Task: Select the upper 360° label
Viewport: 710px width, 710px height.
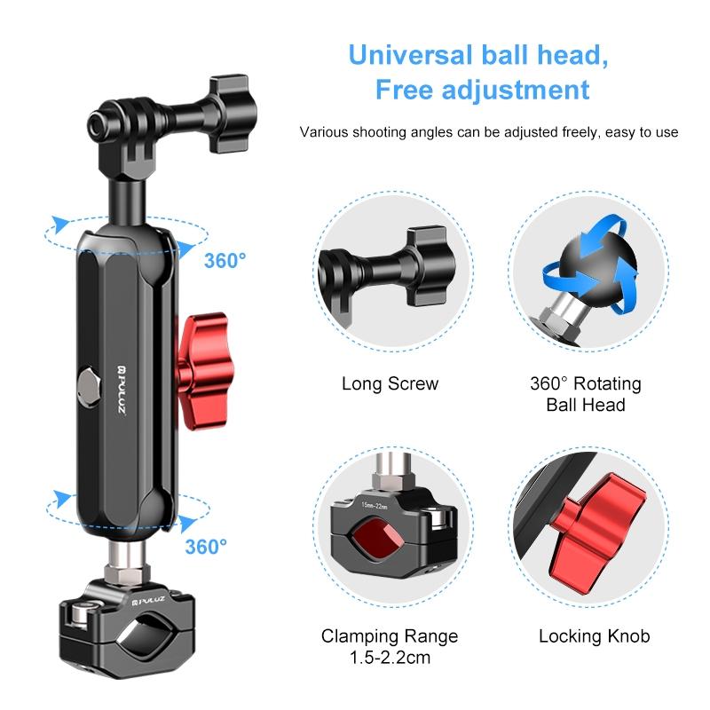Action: (225, 261)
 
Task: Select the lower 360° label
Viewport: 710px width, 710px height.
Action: (206, 546)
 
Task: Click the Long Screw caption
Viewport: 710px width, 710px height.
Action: (390, 384)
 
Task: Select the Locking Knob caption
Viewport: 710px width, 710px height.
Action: (594, 635)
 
